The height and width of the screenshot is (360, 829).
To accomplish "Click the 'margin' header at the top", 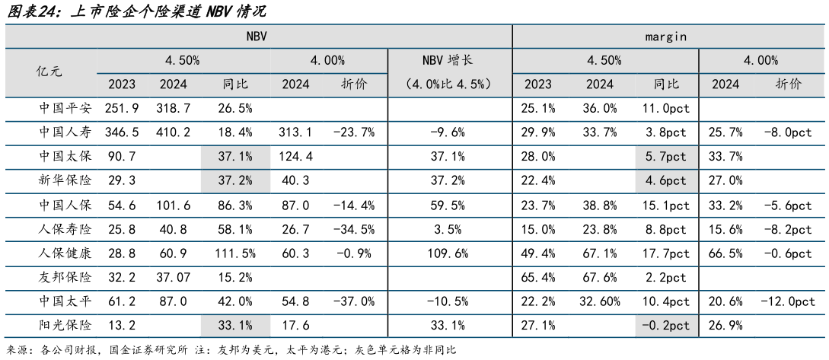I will click(x=666, y=36).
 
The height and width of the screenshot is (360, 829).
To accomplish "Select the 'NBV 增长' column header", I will click(x=450, y=60).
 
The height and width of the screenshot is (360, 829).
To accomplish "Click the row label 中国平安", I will click(x=65, y=108).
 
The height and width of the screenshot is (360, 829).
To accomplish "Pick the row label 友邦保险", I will click(x=65, y=276).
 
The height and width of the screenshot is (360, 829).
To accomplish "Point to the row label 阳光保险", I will click(x=65, y=325).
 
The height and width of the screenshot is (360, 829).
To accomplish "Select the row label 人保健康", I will click(x=65, y=253).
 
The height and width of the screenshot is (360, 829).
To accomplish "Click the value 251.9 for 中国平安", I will click(x=123, y=108).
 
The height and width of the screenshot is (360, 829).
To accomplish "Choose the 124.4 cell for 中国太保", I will click(x=295, y=157).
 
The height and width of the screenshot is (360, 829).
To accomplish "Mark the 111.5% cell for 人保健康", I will click(x=235, y=253).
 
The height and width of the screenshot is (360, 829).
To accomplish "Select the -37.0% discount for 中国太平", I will click(x=354, y=301).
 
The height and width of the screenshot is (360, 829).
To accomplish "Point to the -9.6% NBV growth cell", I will click(x=450, y=132).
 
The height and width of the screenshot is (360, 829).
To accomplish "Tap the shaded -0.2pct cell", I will click(x=665, y=325).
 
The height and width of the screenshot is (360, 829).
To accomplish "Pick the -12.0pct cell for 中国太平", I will click(x=788, y=301).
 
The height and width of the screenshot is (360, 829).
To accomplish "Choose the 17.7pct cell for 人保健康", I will click(x=665, y=253).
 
